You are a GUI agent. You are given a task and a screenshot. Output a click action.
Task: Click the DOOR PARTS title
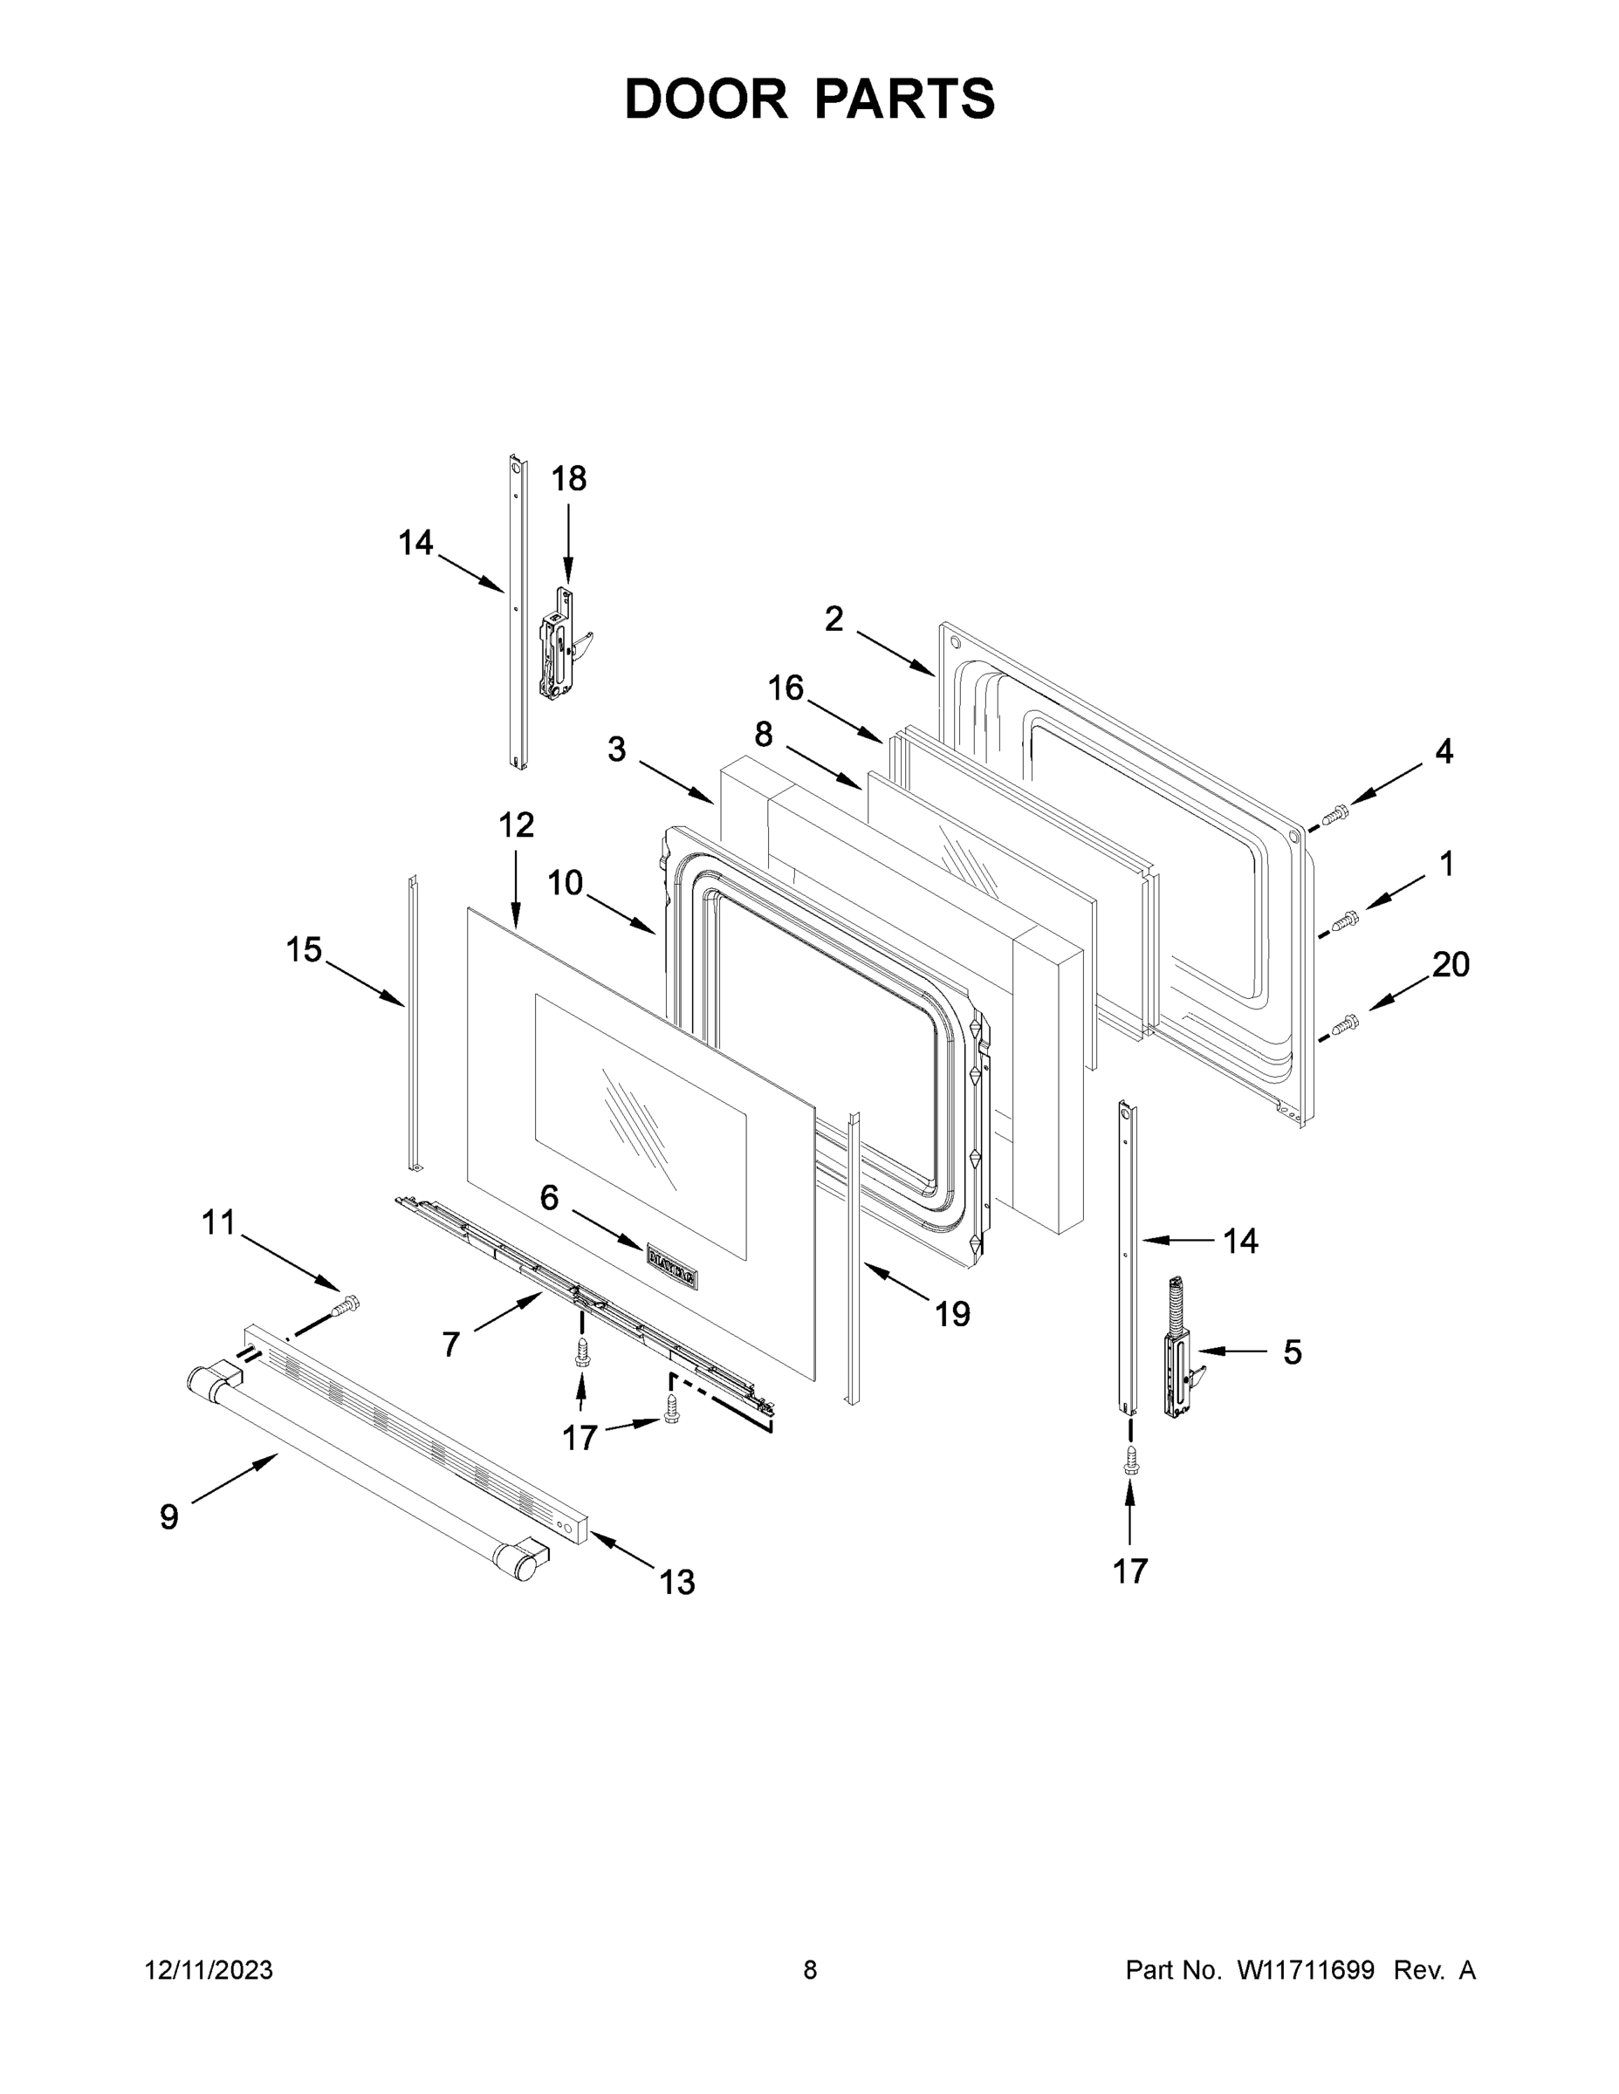(x=810, y=98)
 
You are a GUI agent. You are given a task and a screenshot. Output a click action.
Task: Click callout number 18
(x=568, y=478)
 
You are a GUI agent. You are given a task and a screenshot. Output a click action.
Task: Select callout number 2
(x=834, y=619)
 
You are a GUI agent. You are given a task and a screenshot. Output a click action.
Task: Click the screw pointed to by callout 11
(x=346, y=1305)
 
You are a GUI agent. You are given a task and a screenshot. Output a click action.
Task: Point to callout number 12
(x=516, y=825)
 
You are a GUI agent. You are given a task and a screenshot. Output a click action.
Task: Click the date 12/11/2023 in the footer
(x=209, y=1969)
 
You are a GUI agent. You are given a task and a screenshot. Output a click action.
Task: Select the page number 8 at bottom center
(x=810, y=1969)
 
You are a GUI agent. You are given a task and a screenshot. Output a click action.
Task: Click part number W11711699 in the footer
(x=1306, y=1969)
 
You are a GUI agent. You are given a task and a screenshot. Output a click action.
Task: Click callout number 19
(x=952, y=1313)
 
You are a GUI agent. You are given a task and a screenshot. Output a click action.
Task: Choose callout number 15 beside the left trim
(x=303, y=950)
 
